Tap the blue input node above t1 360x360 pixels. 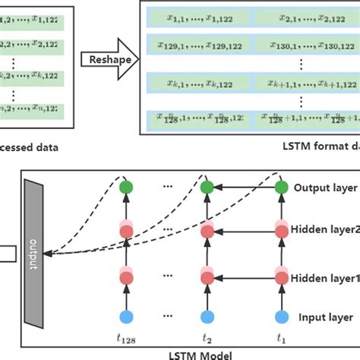[282, 317]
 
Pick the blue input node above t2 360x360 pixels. [205, 317]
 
